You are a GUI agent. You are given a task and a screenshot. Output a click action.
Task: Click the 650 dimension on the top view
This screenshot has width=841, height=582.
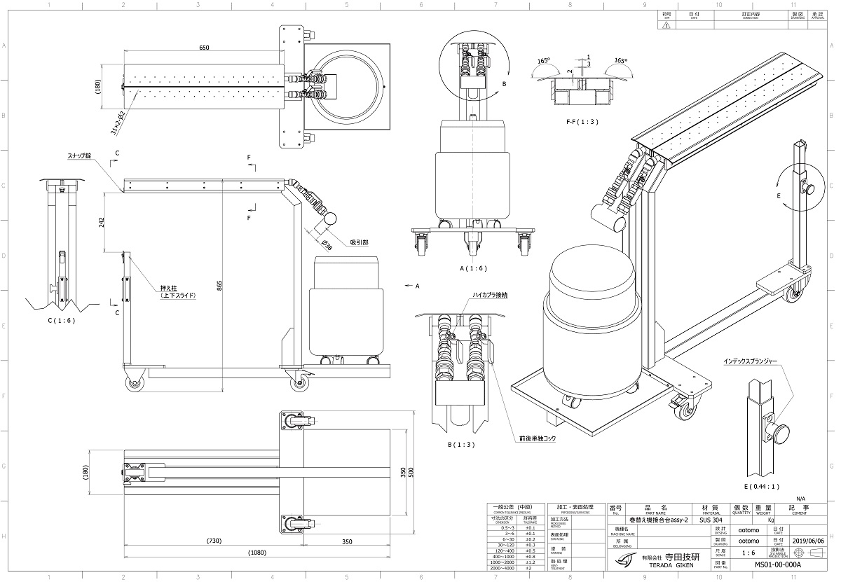pyautogui.click(x=203, y=48)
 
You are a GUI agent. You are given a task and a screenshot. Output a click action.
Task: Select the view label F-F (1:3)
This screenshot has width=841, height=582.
pyautogui.click(x=581, y=122)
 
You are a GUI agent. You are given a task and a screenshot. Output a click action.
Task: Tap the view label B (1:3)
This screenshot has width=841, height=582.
pyautogui.click(x=460, y=444)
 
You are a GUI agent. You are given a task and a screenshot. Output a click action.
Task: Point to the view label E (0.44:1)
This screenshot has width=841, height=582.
pyautogui.click(x=764, y=485)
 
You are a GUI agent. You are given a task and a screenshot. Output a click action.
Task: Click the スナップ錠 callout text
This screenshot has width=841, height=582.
pyautogui.click(x=78, y=157)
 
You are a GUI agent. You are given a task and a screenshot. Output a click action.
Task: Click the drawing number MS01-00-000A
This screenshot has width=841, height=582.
pyautogui.click(x=777, y=564)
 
